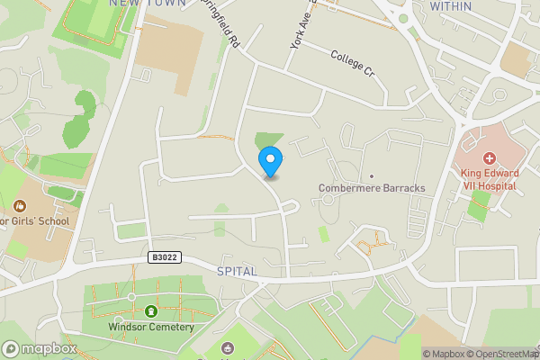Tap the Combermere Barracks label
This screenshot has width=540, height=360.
372,188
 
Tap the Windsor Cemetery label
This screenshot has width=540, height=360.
150,327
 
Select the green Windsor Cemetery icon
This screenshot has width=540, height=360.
151,311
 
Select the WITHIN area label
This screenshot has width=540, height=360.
450,5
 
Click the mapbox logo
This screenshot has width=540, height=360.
40,348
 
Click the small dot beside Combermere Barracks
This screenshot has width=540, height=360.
371,176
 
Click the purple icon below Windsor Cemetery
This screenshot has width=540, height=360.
226,349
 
